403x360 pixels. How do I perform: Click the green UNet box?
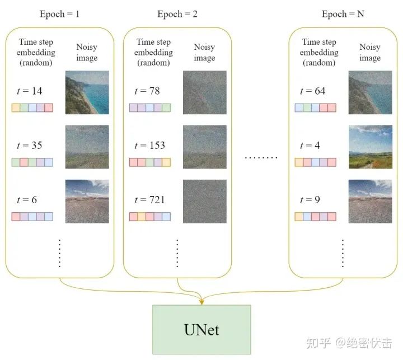coord(201,330)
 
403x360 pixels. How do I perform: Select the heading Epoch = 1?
coord(60,14)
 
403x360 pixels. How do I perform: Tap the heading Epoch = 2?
coord(177,14)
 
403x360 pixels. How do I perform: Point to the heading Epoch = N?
coord(343,14)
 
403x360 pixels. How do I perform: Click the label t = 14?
coord(30,91)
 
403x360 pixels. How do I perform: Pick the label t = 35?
coord(30,146)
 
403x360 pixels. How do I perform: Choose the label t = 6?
coord(27,200)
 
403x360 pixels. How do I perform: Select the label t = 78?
coord(147,91)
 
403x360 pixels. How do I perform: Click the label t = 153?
coord(149,146)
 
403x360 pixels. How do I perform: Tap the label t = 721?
coord(149,200)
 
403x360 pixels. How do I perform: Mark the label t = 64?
coord(313,91)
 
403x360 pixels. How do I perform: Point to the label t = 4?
coord(310,146)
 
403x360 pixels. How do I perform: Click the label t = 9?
coord(310,200)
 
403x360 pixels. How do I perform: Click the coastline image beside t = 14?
coord(87,92)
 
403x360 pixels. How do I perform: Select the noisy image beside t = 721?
coord(204,202)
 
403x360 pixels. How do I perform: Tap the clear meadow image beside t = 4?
coord(370,147)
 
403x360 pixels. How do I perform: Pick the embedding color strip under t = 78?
coord(150,107)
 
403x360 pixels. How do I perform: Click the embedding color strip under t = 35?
coord(32,162)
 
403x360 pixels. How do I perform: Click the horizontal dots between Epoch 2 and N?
coord(261,158)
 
